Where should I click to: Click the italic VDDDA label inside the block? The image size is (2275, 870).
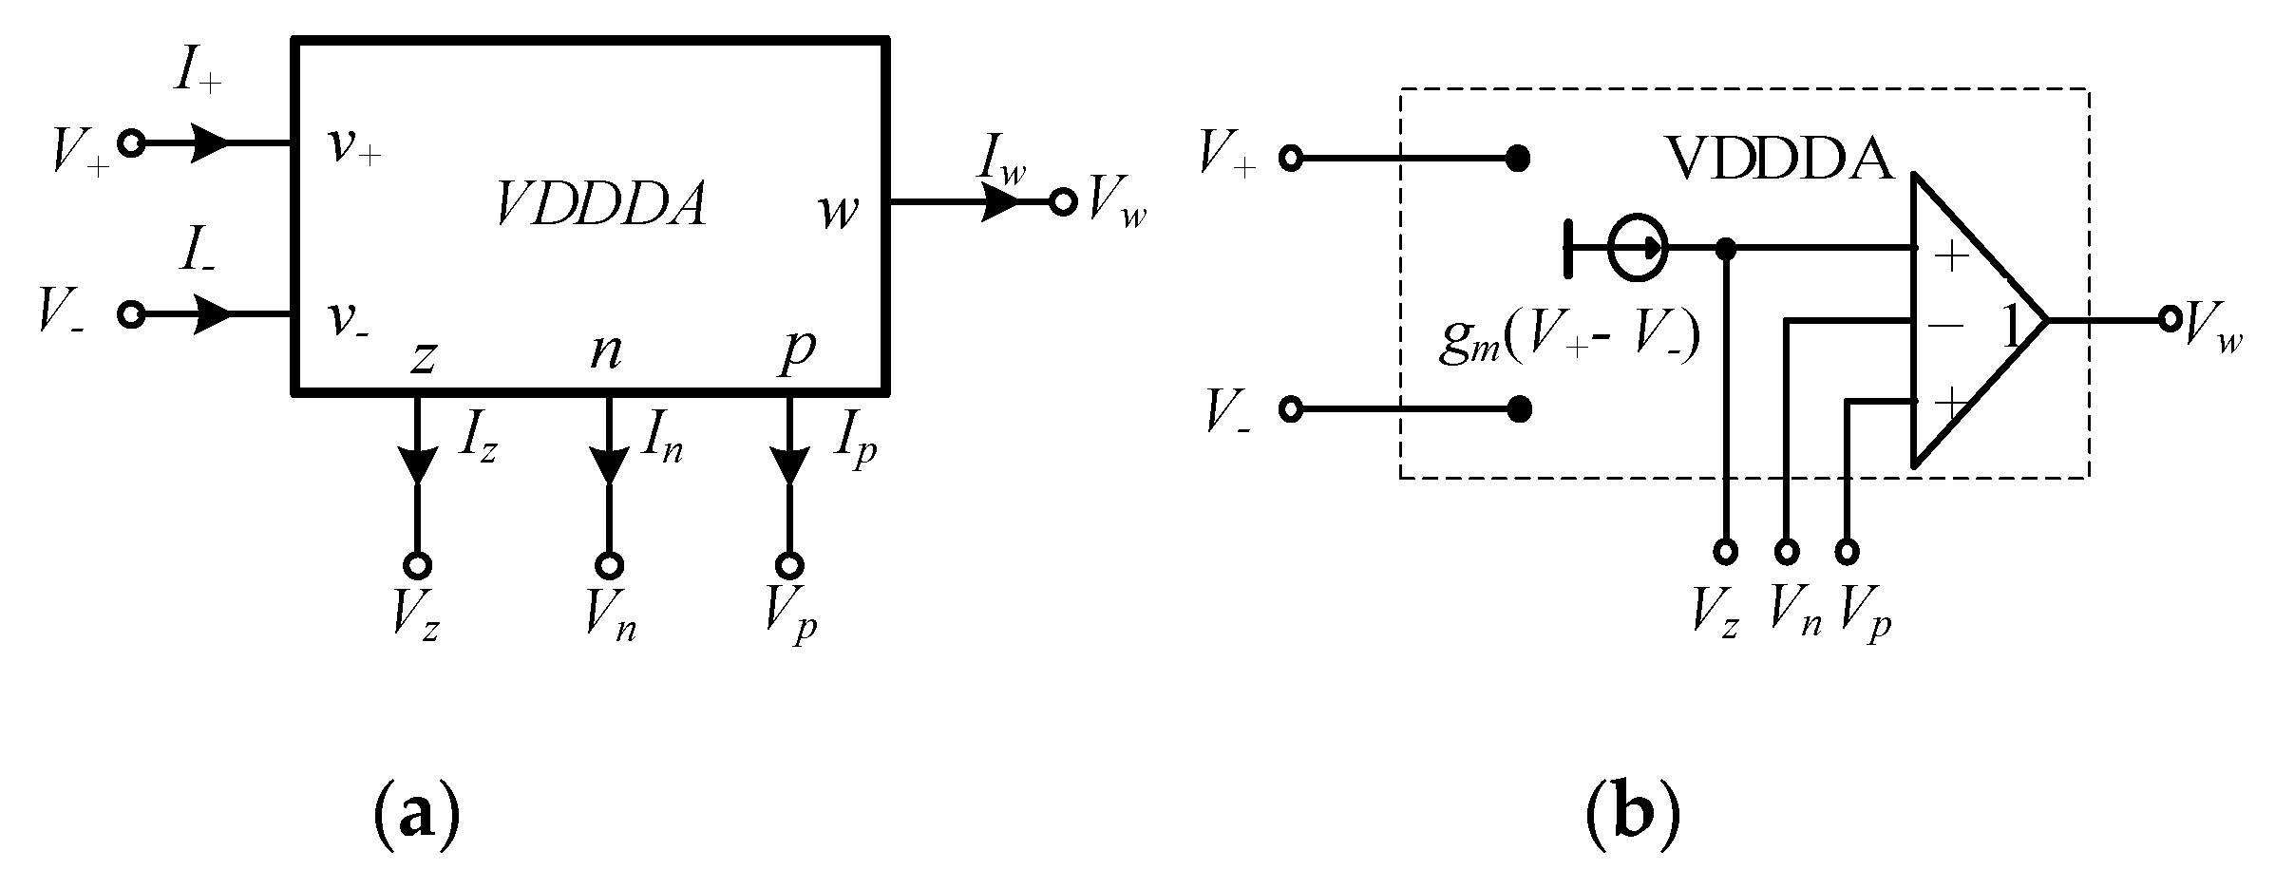[x=601, y=204]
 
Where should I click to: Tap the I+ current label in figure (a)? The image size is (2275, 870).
[x=198, y=74]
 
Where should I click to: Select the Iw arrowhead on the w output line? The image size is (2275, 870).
[x=999, y=201]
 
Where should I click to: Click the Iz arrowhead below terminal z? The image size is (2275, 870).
[x=417, y=463]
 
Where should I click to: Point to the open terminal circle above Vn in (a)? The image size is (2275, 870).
[x=609, y=565]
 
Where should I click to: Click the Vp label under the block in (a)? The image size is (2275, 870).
[x=790, y=618]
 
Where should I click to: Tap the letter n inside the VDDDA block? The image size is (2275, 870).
[x=606, y=350]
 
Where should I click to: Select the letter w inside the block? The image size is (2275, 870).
[x=839, y=211]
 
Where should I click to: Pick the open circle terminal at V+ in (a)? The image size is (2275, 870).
[x=131, y=143]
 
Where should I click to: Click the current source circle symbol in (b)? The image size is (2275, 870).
[x=1637, y=249]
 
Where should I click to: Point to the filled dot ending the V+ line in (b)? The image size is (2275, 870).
[x=1518, y=159]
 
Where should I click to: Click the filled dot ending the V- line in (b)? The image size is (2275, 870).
[x=1520, y=409]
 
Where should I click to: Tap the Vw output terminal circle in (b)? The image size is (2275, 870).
[x=2169, y=319]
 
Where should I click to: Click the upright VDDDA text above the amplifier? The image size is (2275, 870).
[x=1779, y=159]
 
